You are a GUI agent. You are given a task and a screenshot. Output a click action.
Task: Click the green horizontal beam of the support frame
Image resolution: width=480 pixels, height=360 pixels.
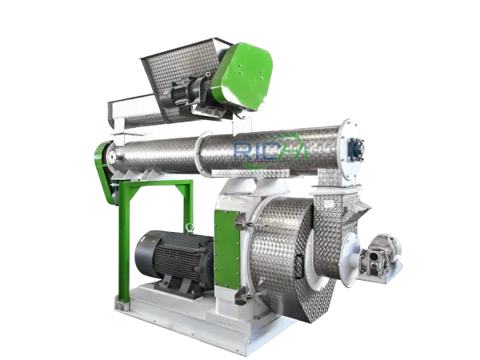coord(152,188)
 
